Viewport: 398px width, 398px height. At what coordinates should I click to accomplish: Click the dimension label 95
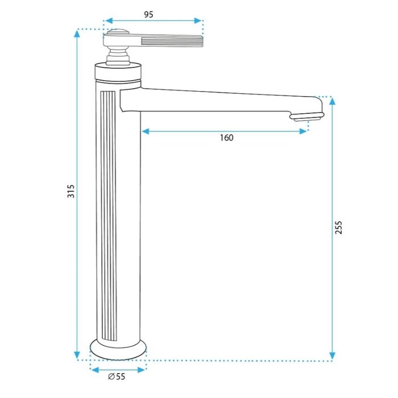coord(149,14)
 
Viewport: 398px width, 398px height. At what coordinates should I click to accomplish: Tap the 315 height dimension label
coord(71,192)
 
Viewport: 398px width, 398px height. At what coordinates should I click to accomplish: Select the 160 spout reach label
coord(226,138)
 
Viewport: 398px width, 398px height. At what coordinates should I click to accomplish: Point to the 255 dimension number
coord(339,227)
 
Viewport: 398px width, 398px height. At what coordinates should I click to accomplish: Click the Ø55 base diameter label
coord(117,376)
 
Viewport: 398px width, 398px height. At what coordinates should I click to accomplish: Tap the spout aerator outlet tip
coord(308,117)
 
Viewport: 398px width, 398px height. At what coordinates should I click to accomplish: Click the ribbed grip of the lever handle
coord(172,42)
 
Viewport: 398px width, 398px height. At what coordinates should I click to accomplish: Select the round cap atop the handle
coord(118,32)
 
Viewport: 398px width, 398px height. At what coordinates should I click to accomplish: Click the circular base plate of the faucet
coord(118,350)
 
